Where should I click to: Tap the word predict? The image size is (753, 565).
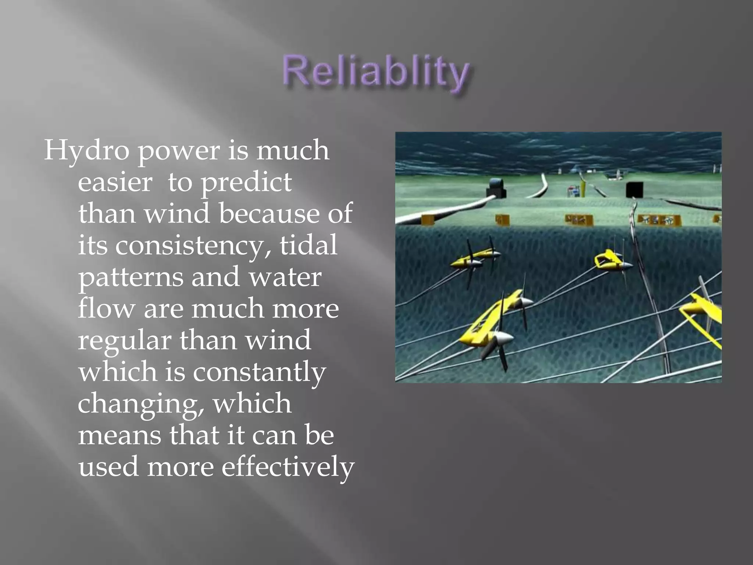(x=246, y=182)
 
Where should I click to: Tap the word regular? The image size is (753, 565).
(x=124, y=341)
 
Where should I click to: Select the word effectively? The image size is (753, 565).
(x=288, y=467)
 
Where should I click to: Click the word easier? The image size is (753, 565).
(x=115, y=182)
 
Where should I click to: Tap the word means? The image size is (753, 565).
(x=119, y=436)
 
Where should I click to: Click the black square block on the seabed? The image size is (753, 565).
(x=634, y=189)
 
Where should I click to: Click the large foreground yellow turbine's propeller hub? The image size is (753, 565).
(x=502, y=337)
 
